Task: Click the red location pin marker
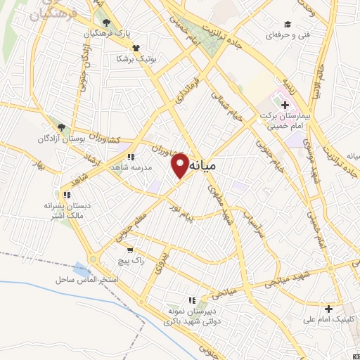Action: (180, 165)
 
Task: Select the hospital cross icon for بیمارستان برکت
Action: (285, 105)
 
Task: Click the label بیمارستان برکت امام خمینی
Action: (286, 121)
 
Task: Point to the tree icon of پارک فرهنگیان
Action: (105, 22)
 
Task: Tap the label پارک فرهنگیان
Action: (106, 34)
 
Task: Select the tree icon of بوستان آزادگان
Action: (61, 127)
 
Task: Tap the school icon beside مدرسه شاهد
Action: (131, 157)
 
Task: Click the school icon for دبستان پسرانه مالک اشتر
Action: (67, 195)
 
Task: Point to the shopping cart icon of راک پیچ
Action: (129, 250)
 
